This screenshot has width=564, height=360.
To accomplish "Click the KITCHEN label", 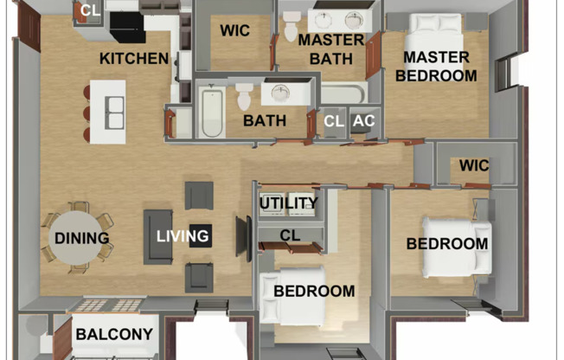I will click(134, 59).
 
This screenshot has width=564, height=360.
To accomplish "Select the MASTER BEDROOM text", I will click(435, 67).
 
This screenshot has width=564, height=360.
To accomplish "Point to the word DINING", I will click(81, 238).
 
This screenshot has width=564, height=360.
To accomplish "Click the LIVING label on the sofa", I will click(183, 235).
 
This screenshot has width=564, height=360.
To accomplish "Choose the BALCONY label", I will click(114, 334).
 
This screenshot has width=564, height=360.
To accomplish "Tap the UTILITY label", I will click(289, 204).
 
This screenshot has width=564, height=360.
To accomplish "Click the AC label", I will click(364, 121).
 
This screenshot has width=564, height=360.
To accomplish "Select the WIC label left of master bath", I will click(234, 31).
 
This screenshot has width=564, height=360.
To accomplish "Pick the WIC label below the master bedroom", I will click(474, 165).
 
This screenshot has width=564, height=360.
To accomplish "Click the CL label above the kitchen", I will click(90, 10).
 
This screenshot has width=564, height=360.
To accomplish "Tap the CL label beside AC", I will click(334, 121).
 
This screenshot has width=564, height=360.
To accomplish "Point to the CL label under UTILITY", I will click(290, 234).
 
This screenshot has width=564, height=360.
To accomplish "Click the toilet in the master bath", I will click(290, 27).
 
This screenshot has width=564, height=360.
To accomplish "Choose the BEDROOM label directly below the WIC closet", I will click(447, 244).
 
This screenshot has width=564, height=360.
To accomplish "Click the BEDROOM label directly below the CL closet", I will click(314, 291).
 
